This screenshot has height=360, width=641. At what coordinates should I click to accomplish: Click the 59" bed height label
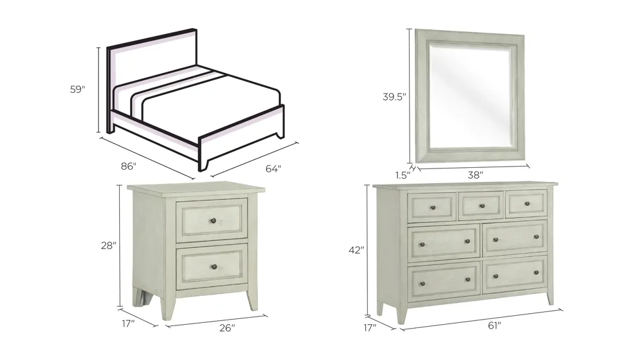pos(78,90)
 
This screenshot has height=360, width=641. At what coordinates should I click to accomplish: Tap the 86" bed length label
pos(129,167)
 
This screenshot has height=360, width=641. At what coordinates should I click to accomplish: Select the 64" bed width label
pos(273,169)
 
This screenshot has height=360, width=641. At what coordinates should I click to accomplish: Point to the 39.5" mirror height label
pos(394,97)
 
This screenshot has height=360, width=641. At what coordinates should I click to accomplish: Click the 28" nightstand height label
pos(109,245)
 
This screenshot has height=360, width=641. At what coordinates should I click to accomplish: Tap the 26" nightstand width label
pos(226,328)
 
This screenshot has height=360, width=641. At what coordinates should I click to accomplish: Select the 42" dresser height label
pos(356,250)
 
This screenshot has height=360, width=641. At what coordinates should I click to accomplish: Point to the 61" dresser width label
pos(494,325)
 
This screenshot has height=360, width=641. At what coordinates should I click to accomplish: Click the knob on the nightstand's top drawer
pos(212,220)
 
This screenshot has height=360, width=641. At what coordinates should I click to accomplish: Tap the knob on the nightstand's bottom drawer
pos(213,266)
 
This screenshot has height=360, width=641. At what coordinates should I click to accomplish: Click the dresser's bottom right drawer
pos(515,275)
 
